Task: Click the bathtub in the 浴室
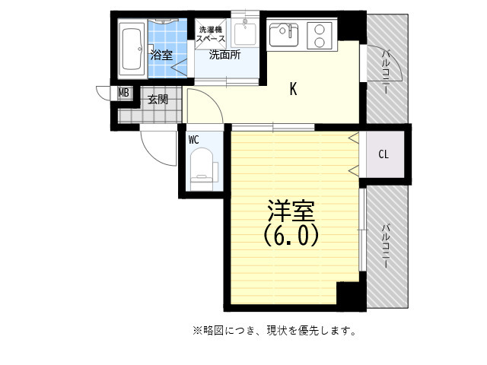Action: [132, 49]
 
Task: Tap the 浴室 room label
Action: [161, 55]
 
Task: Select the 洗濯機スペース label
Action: [210, 34]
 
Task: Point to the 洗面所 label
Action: [224, 55]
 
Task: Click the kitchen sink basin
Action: [284, 35]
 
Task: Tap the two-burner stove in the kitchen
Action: [320, 36]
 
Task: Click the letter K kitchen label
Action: [293, 89]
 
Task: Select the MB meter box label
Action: [124, 93]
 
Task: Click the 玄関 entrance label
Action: [158, 100]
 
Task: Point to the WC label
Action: [193, 140]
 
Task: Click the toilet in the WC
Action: [202, 170]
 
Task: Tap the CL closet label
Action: [384, 154]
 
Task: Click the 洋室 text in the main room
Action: [291, 211]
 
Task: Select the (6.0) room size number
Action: [291, 235]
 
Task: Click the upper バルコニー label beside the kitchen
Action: [385, 71]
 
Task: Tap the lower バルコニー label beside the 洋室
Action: [385, 246]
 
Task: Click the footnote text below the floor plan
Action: [275, 331]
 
